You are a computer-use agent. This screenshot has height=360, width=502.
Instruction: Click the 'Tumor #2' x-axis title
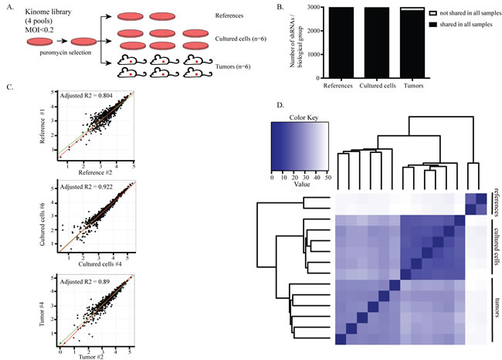coord(97,355)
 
